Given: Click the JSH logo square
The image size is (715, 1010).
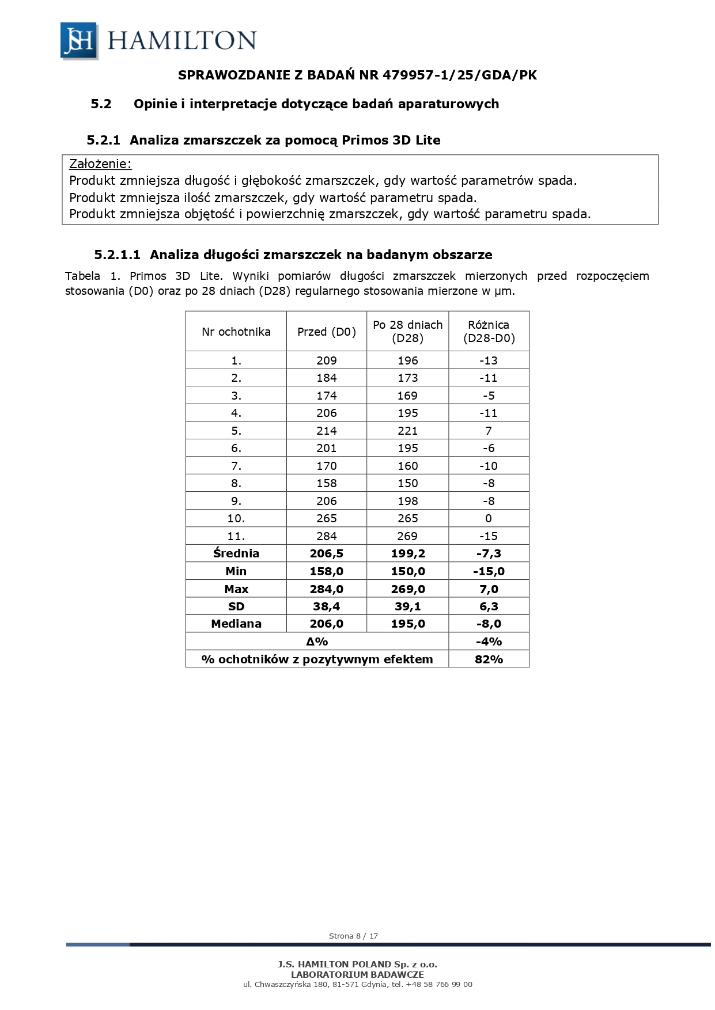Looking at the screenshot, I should click(79, 40).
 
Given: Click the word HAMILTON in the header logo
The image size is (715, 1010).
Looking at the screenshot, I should click(181, 41).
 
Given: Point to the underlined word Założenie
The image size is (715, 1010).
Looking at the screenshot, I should click(100, 164).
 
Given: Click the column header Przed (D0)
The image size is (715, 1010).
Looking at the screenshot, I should click(327, 332).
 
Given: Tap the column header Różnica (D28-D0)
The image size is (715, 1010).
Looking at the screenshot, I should click(489, 332).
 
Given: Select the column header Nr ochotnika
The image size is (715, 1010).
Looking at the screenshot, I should click(236, 332).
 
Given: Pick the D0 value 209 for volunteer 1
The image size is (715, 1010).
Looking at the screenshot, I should click(327, 360).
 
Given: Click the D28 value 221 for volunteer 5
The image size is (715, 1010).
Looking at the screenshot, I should click(407, 431).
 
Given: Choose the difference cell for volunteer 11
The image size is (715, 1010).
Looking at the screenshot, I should click(489, 536).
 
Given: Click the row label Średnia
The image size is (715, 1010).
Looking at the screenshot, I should click(236, 553).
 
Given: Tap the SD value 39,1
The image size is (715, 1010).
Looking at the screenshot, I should click(407, 606).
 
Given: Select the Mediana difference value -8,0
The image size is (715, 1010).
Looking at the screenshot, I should click(489, 624).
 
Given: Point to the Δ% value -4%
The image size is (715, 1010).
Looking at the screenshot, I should click(489, 641).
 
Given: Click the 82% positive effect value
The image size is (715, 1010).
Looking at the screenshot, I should click(489, 659).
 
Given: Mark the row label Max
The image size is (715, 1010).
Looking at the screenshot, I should click(236, 589).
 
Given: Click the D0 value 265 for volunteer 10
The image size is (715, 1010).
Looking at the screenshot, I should click(327, 518).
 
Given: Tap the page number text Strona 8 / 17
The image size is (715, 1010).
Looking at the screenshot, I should click(353, 936).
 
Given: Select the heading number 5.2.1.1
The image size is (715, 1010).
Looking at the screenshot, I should click(117, 255).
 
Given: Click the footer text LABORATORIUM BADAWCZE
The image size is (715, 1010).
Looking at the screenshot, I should click(357, 974).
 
